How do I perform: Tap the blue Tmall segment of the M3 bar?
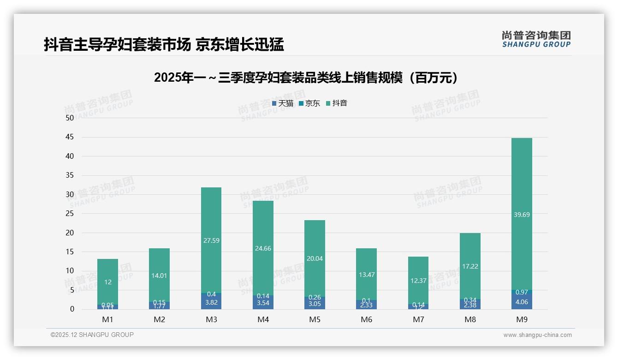(x=211, y=302)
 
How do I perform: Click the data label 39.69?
(x=522, y=215)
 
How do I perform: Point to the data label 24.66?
(x=263, y=248)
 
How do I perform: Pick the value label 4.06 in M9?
(x=522, y=302)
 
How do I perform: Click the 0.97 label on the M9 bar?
(x=522, y=292)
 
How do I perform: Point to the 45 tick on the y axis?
(x=70, y=137)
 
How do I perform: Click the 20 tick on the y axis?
(x=70, y=233)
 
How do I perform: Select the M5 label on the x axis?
(x=315, y=320)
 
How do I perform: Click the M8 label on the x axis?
(x=470, y=320)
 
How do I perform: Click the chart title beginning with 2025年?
(x=308, y=78)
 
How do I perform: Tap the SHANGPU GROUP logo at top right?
(x=536, y=39)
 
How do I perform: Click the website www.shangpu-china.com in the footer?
(x=537, y=335)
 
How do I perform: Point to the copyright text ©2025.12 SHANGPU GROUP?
(x=92, y=335)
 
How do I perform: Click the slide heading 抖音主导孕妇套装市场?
(x=117, y=45)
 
